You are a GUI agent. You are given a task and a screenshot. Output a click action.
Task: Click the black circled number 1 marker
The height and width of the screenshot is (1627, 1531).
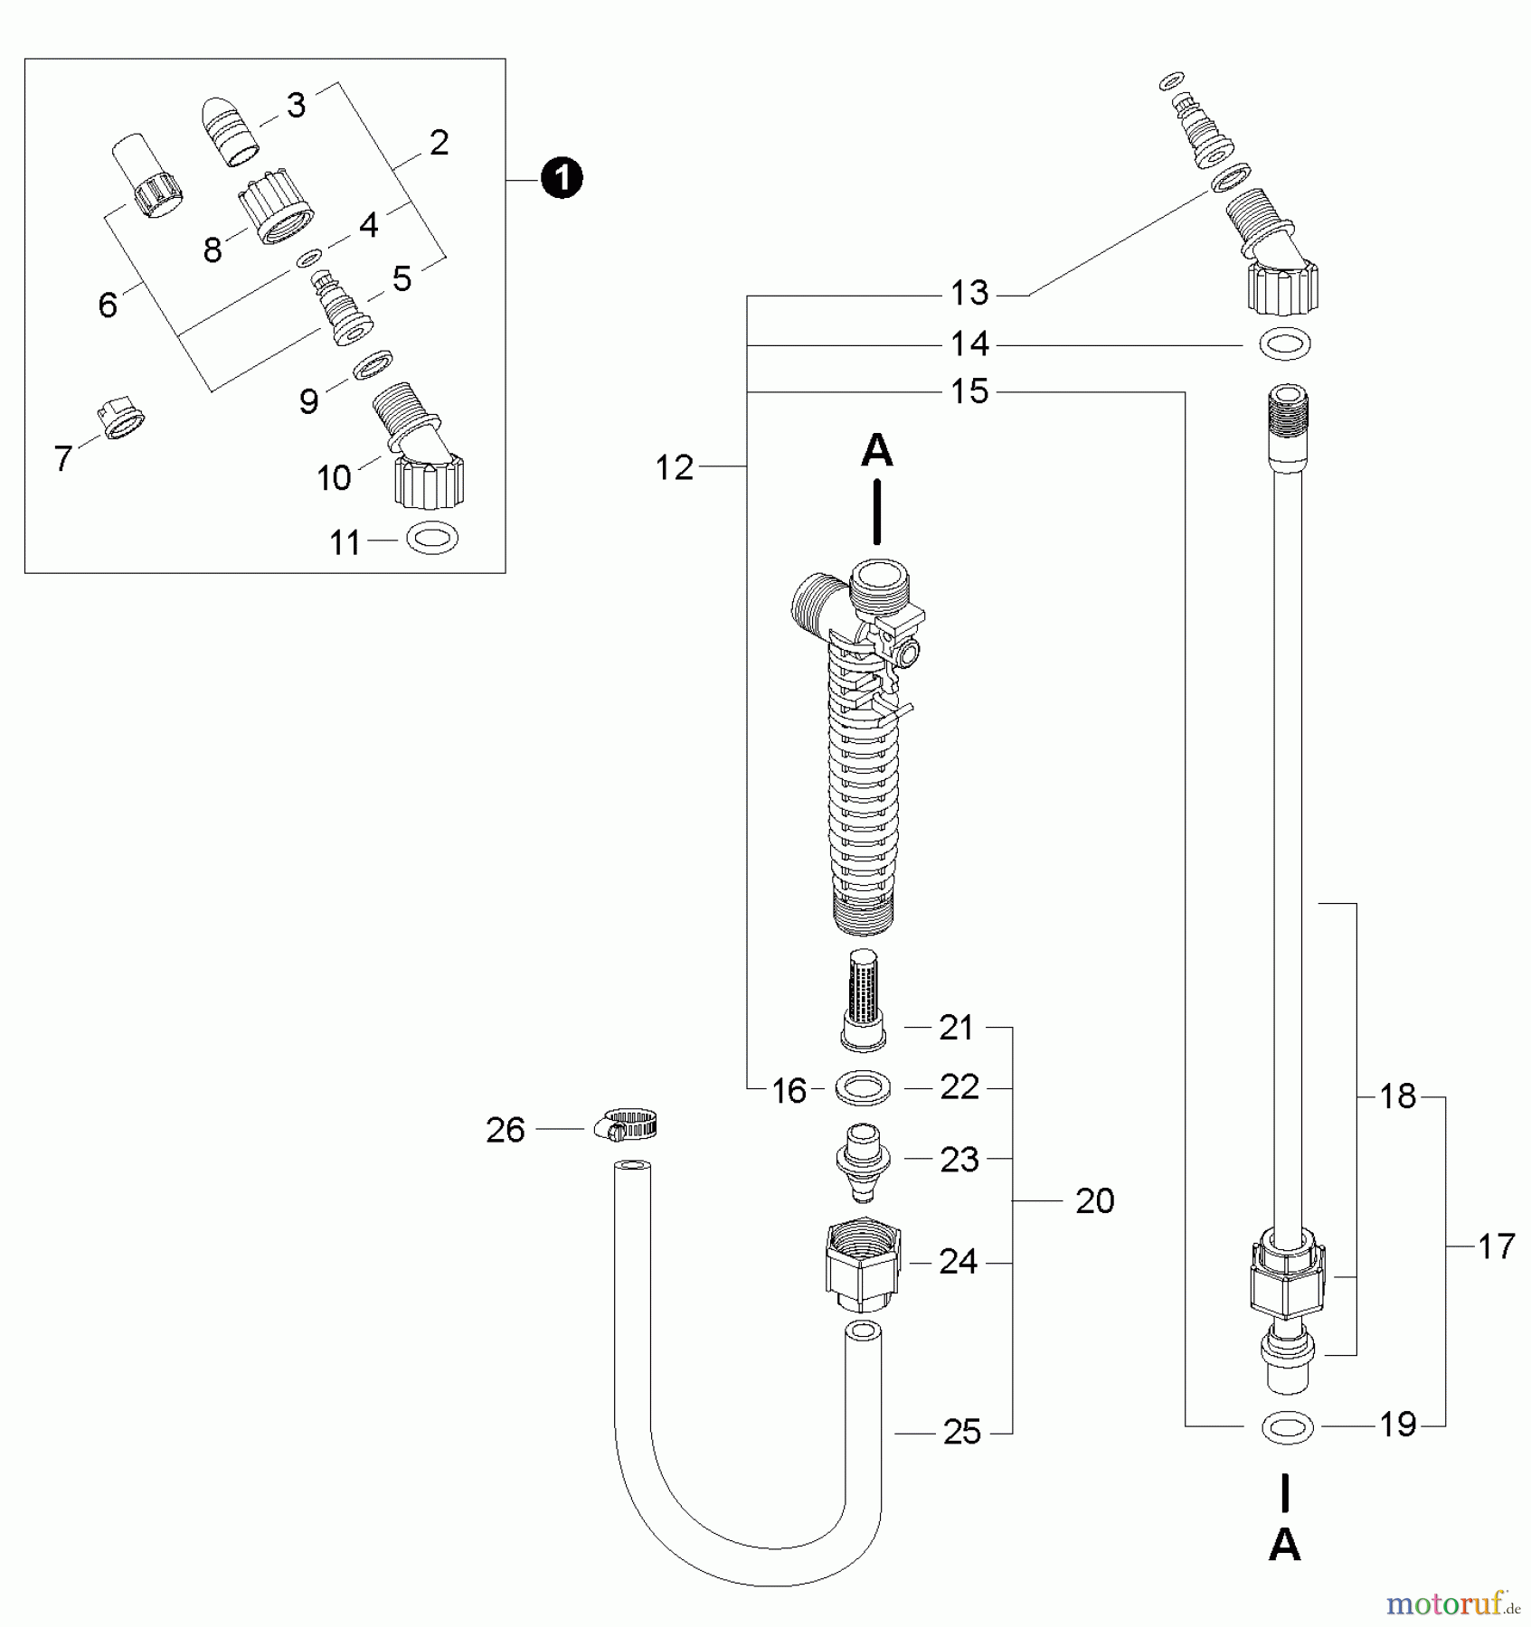[561, 179]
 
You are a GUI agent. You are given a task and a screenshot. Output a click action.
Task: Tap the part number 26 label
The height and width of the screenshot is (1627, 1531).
[505, 1130]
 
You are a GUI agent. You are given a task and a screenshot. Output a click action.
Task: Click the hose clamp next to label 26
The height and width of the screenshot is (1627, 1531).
[626, 1125]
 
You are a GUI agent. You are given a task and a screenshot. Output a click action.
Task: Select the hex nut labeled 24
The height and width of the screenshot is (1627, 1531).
[863, 1265]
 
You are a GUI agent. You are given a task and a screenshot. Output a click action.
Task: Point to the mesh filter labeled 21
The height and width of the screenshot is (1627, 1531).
[863, 999]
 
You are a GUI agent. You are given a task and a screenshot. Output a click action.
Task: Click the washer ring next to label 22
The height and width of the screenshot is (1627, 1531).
[863, 1088]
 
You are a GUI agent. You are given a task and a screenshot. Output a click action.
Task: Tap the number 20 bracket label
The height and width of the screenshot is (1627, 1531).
[1094, 1201]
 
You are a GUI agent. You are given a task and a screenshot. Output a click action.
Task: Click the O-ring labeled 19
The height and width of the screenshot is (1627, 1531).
[1287, 1428]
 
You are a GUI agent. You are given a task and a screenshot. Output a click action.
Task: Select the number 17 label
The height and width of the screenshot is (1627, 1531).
[1496, 1247]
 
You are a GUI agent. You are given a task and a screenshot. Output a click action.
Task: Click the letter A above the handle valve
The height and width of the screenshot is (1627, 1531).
[876, 450]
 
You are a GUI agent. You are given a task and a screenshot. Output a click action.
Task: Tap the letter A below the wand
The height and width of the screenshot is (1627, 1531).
[1284, 1546]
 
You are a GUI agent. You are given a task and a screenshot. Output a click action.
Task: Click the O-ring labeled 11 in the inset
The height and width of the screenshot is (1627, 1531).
[432, 540]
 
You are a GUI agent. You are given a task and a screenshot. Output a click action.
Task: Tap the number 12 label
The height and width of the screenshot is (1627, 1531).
[674, 467]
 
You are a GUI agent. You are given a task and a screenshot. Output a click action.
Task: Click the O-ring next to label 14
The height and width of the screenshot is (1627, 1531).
[1286, 344]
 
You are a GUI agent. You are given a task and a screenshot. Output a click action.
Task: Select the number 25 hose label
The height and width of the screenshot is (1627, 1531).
[961, 1432]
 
